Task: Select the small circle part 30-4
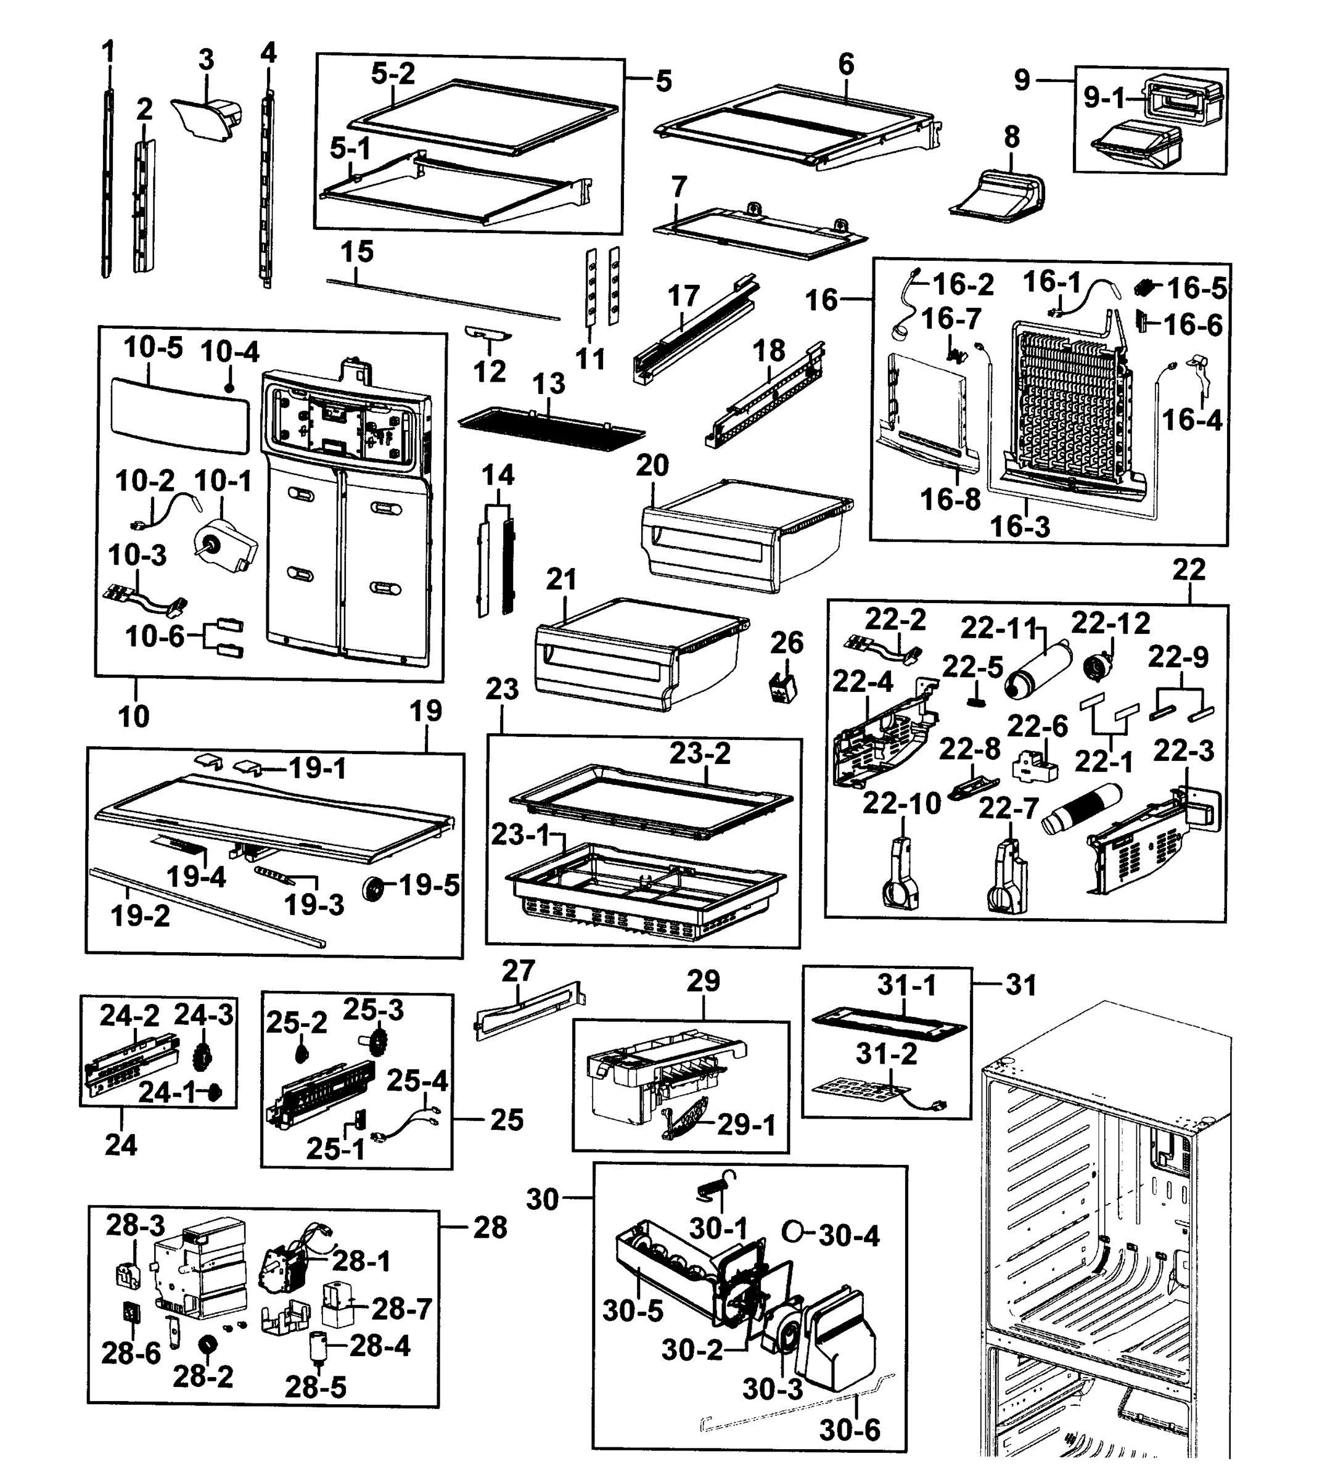pyautogui.click(x=792, y=1231)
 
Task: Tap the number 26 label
pyautogui.click(x=786, y=643)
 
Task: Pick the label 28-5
pyautogui.click(x=315, y=1386)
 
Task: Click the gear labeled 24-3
pyautogui.click(x=203, y=1058)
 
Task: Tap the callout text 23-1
pyautogui.click(x=518, y=834)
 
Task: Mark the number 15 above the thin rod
pyautogui.click(x=356, y=252)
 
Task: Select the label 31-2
pyautogui.click(x=887, y=1054)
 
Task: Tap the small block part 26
pyautogui.click(x=783, y=686)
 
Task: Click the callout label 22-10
pyautogui.click(x=901, y=804)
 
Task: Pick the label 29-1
pyautogui.click(x=746, y=1124)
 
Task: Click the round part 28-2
pyautogui.click(x=206, y=1342)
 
